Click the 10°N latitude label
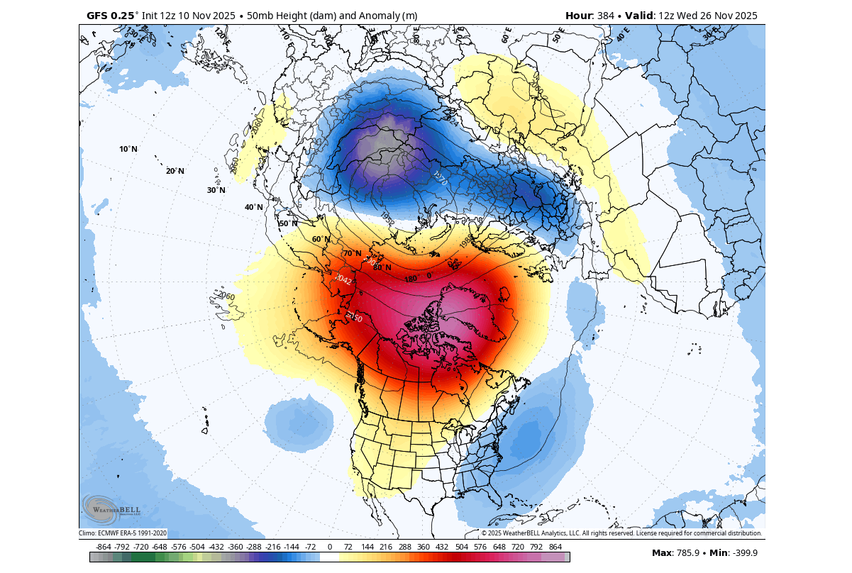click(x=128, y=149)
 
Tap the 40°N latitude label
click(x=253, y=207)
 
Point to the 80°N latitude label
click(x=382, y=267)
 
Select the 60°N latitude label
click(x=321, y=239)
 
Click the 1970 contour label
click(x=440, y=178)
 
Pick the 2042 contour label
click(x=344, y=279)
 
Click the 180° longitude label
click(x=411, y=279)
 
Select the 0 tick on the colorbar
click(x=330, y=547)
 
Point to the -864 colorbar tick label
click(x=103, y=547)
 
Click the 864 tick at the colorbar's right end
click(x=555, y=547)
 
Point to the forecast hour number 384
click(x=607, y=16)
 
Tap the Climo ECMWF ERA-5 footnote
click(x=123, y=533)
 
